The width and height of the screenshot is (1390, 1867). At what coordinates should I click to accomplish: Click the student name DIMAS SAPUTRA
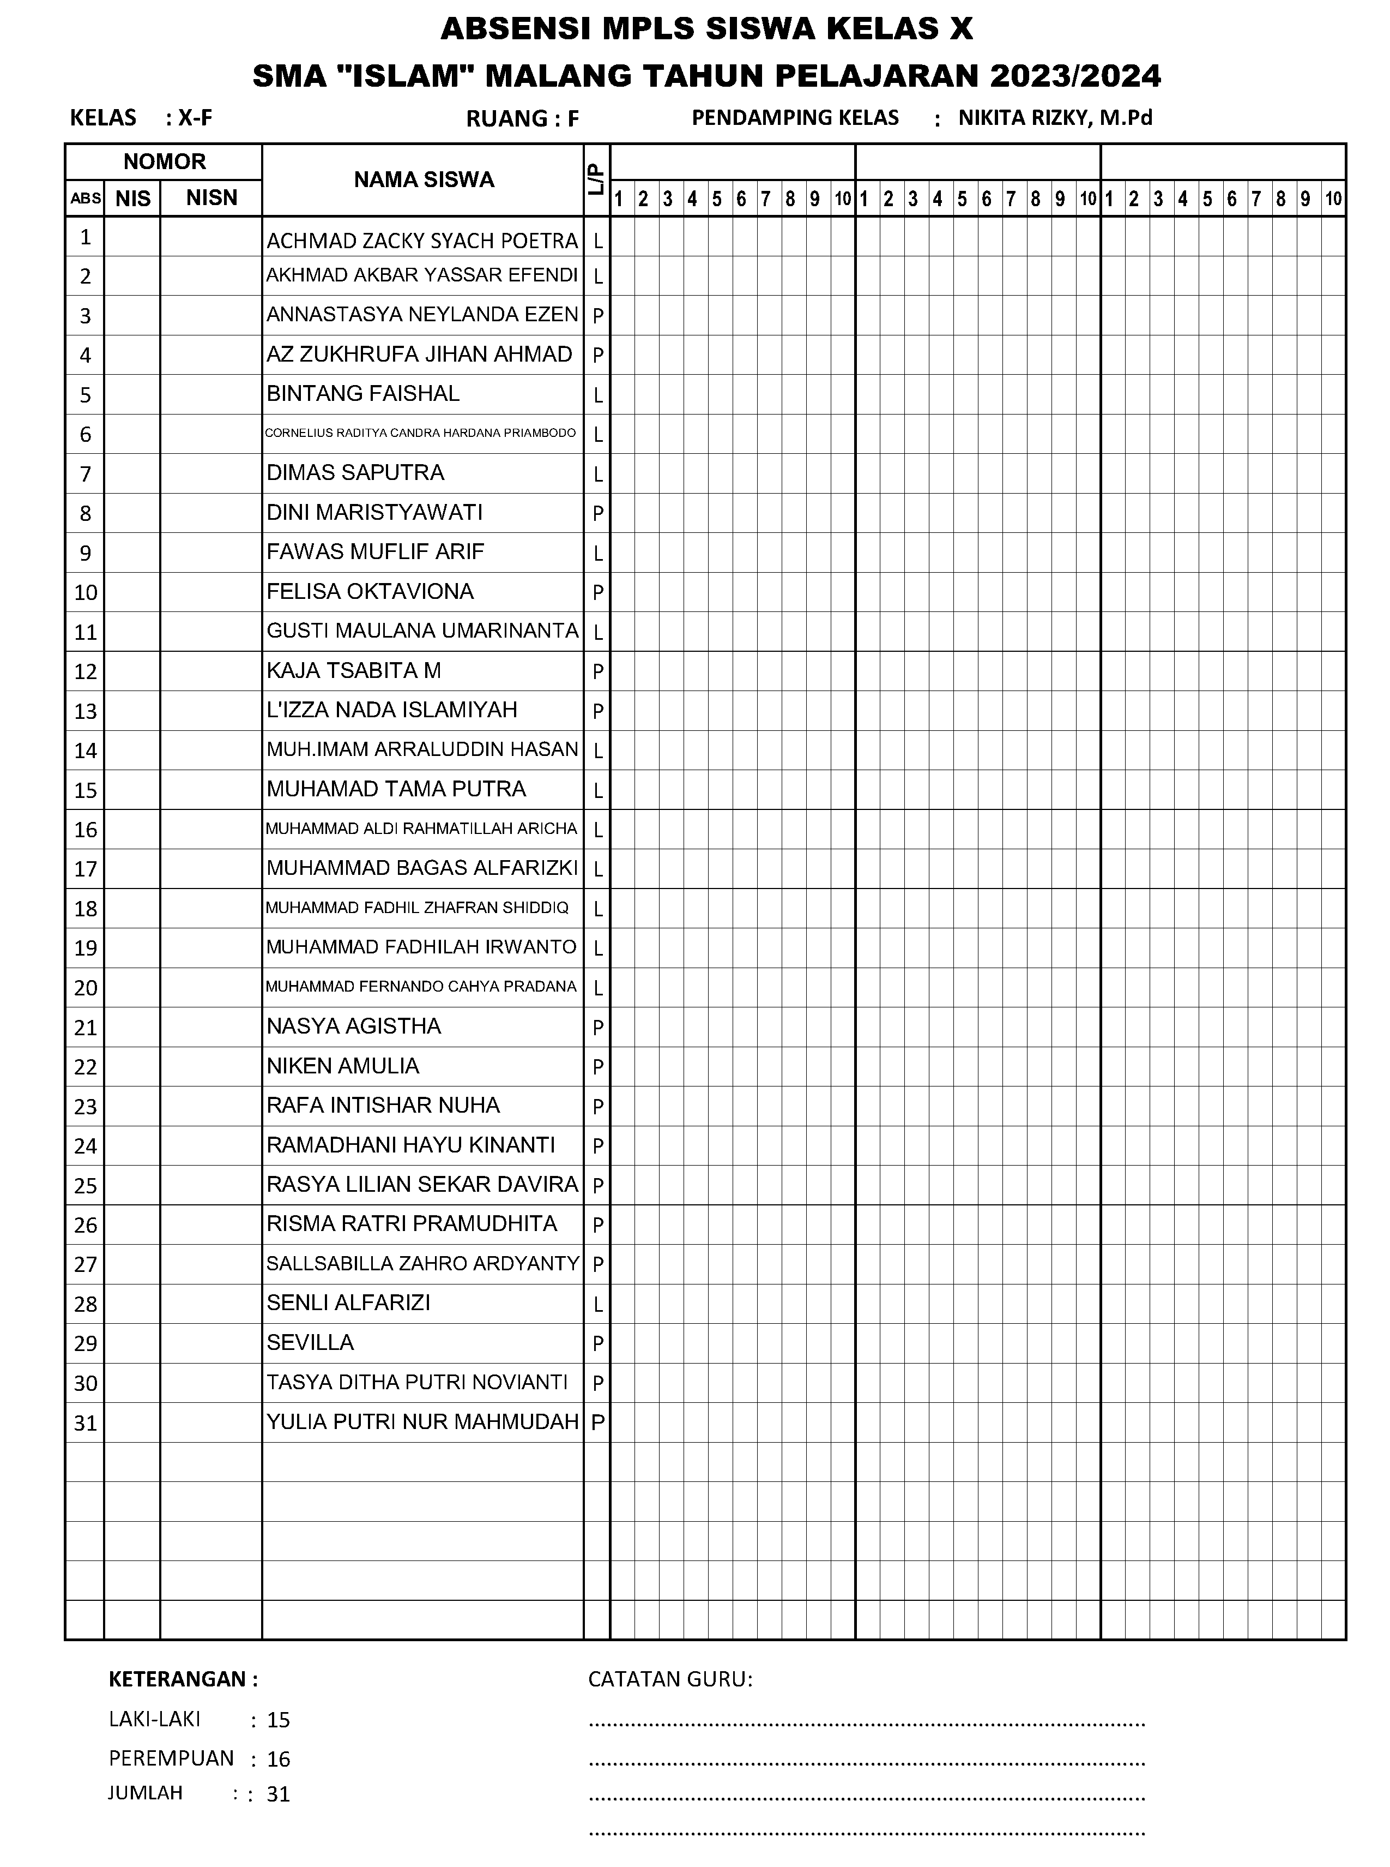click(x=355, y=473)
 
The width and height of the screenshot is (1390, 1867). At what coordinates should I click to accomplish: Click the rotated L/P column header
click(x=596, y=180)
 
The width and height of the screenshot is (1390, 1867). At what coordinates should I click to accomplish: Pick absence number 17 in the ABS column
click(x=85, y=869)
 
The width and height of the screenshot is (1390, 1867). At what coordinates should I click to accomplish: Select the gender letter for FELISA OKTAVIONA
click(x=597, y=592)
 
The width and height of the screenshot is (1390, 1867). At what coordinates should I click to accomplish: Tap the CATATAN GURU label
click(x=670, y=1679)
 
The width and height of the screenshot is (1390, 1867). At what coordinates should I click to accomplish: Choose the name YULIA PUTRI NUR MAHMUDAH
click(x=422, y=1422)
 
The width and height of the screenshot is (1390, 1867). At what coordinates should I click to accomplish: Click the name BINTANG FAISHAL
click(x=362, y=394)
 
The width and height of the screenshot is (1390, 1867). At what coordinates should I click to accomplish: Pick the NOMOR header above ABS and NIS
click(x=164, y=161)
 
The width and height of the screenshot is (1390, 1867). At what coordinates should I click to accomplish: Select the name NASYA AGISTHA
click(x=353, y=1026)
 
